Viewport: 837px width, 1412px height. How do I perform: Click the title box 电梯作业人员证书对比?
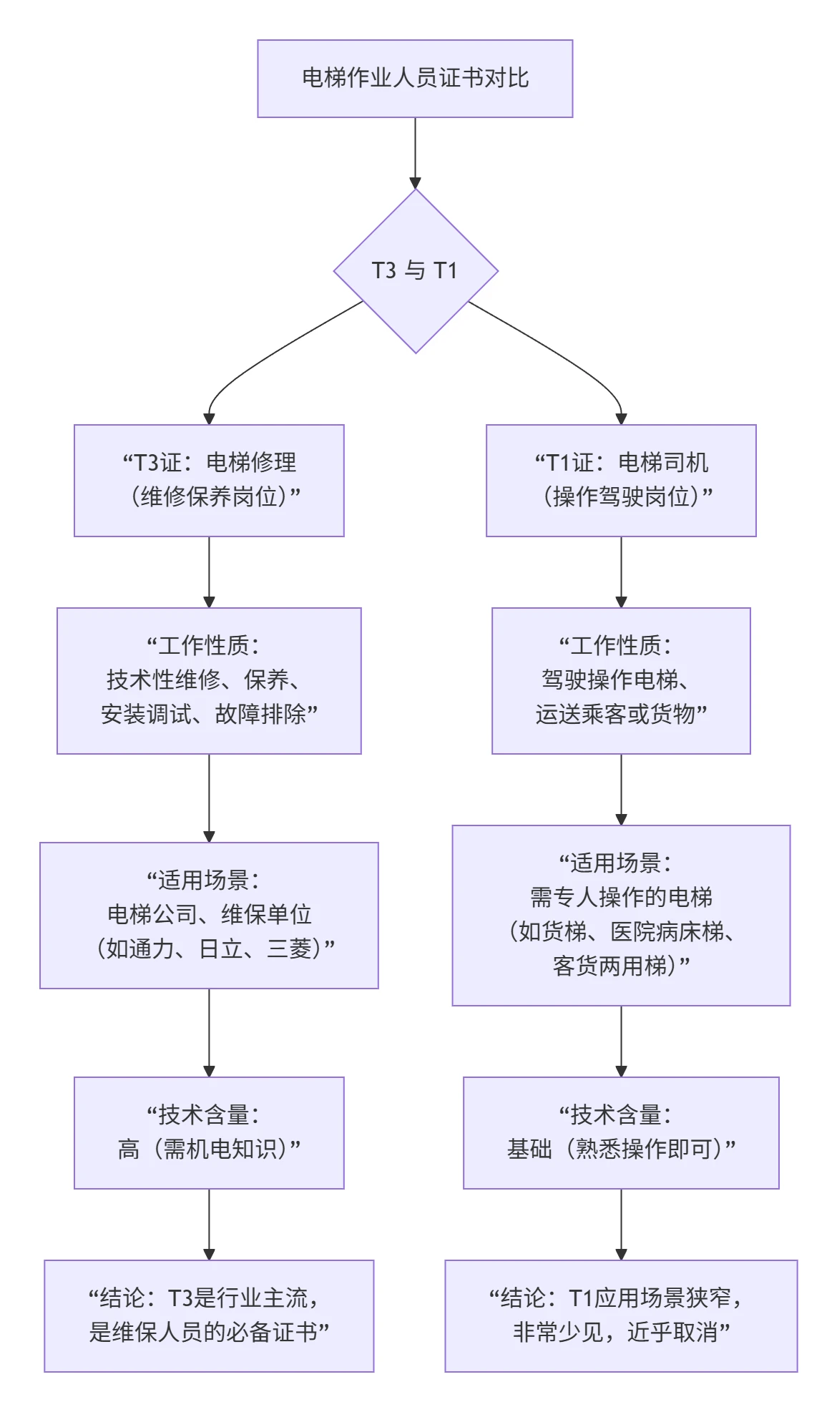click(415, 79)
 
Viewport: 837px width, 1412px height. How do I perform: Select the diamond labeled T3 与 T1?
click(415, 270)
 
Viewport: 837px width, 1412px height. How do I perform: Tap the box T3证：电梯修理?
click(209, 480)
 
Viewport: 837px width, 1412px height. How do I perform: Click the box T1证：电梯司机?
click(621, 480)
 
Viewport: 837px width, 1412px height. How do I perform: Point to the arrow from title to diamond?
click(415, 152)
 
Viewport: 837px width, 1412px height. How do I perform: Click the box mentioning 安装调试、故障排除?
click(209, 680)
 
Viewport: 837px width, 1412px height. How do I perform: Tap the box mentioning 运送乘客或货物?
click(621, 680)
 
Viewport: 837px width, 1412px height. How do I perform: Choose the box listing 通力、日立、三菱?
click(209, 915)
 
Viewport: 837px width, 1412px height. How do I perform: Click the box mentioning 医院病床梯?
click(621, 915)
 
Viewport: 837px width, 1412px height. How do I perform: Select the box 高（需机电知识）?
click(209, 1132)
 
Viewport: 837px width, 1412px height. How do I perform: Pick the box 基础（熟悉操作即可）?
click(621, 1132)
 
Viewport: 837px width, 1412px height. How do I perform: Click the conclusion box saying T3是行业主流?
click(209, 1315)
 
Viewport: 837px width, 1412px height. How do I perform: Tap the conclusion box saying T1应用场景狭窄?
click(621, 1315)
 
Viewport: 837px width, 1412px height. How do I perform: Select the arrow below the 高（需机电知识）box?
click(209, 1223)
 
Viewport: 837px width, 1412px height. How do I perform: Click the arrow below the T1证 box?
click(621, 571)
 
